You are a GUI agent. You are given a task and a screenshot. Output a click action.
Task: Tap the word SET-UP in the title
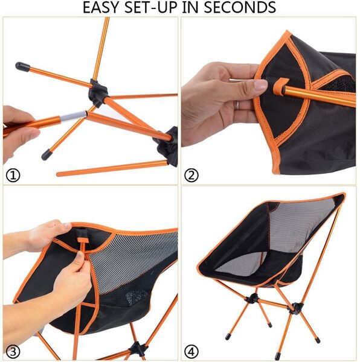(x=152, y=7)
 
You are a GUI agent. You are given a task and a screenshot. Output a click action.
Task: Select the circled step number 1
(x=13, y=175)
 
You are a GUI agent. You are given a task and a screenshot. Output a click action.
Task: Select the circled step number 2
(x=191, y=176)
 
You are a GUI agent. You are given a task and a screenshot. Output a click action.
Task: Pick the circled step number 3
(x=13, y=352)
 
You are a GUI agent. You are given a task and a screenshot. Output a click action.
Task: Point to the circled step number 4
(x=191, y=352)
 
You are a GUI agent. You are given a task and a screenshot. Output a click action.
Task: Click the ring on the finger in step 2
(x=237, y=105)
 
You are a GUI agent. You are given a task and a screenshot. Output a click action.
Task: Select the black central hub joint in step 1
(x=98, y=93)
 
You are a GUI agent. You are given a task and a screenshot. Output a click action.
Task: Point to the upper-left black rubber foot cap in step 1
(x=22, y=67)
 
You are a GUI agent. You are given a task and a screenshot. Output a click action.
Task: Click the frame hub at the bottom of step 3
(x=138, y=349)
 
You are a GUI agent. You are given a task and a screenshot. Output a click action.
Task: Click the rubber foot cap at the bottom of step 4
(x=277, y=356)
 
